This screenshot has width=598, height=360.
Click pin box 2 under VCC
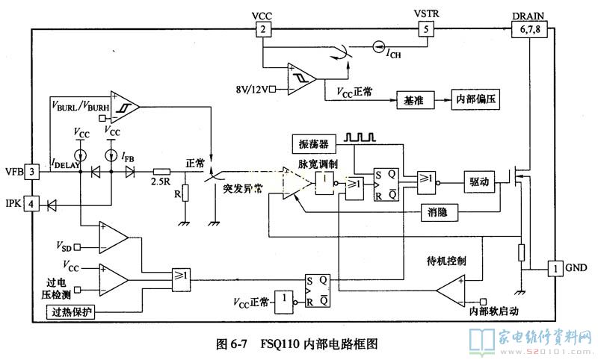(263, 29)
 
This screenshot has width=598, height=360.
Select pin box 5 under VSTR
(425, 29)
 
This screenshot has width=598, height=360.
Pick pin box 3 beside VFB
(32, 171)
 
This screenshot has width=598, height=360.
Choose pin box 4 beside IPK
(32, 203)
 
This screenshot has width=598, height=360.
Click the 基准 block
(413, 100)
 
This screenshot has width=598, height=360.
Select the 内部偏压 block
(475, 100)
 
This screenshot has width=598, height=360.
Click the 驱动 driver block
(478, 181)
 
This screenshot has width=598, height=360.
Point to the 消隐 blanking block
(438, 213)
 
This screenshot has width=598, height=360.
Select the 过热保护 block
(72, 311)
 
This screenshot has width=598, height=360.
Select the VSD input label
(64, 245)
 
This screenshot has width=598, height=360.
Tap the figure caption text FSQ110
(280, 344)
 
